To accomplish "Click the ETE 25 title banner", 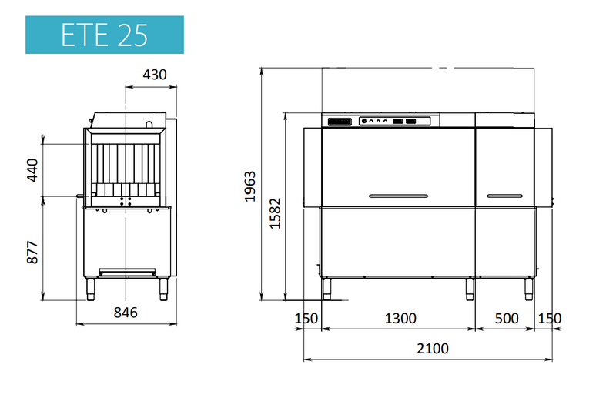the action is tap(105, 35).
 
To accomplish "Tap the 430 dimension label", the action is tap(155, 74).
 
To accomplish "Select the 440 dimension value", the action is tap(32, 170).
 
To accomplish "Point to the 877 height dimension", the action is tap(32, 253).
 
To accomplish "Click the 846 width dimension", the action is tap(126, 313).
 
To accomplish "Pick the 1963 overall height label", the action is tap(249, 186).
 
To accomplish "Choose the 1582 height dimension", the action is tap(275, 213).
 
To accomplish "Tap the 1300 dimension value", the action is tap(400, 318).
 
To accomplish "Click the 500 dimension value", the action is tap(507, 318).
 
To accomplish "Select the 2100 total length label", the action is tap(433, 349).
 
